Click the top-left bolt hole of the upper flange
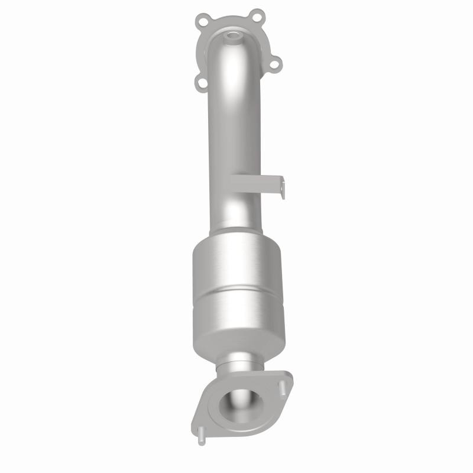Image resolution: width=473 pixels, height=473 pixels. [x=205, y=22]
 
